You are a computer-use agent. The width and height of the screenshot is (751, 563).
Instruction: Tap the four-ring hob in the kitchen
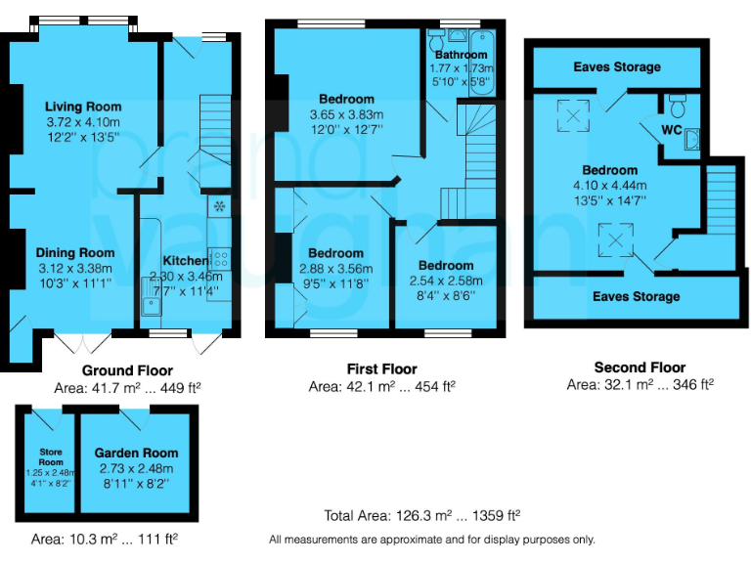pos(220,259)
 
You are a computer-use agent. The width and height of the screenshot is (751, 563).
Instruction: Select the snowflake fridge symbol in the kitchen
pos(219,206)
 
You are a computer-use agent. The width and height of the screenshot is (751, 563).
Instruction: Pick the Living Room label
pos(83,107)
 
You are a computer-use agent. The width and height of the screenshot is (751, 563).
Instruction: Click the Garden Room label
pos(136,453)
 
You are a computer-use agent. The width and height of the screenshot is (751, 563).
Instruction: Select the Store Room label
pos(51,456)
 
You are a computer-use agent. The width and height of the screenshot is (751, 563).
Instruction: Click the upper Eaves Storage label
pos(616,66)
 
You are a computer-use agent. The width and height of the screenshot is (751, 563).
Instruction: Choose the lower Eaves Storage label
pos(636,296)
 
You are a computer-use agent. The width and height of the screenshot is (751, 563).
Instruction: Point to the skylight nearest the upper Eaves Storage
pos(571,115)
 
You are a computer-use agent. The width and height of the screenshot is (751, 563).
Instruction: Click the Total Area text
pos(421,515)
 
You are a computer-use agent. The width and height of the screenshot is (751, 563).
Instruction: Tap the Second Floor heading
pos(640,368)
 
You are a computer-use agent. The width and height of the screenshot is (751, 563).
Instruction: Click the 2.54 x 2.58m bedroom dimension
pos(445,280)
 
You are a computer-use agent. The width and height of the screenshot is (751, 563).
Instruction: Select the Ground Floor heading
pos(127,370)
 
